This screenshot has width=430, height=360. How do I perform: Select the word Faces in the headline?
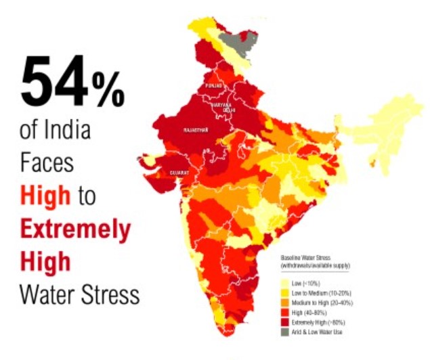47,162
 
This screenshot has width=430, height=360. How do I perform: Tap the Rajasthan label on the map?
196,129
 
